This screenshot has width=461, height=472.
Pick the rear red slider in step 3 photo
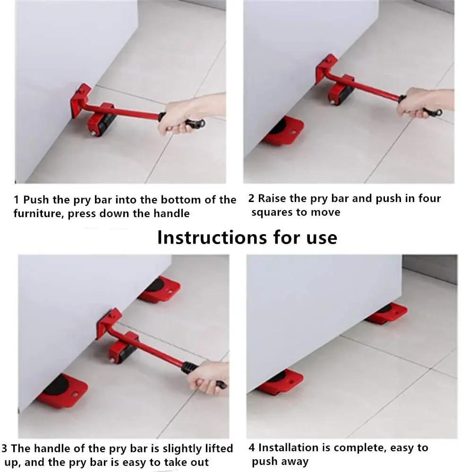(x=160, y=289)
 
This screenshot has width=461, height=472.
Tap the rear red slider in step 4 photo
(x=387, y=313)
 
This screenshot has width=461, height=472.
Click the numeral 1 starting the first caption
(x=17, y=200)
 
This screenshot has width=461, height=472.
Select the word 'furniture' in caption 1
(x=38, y=214)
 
